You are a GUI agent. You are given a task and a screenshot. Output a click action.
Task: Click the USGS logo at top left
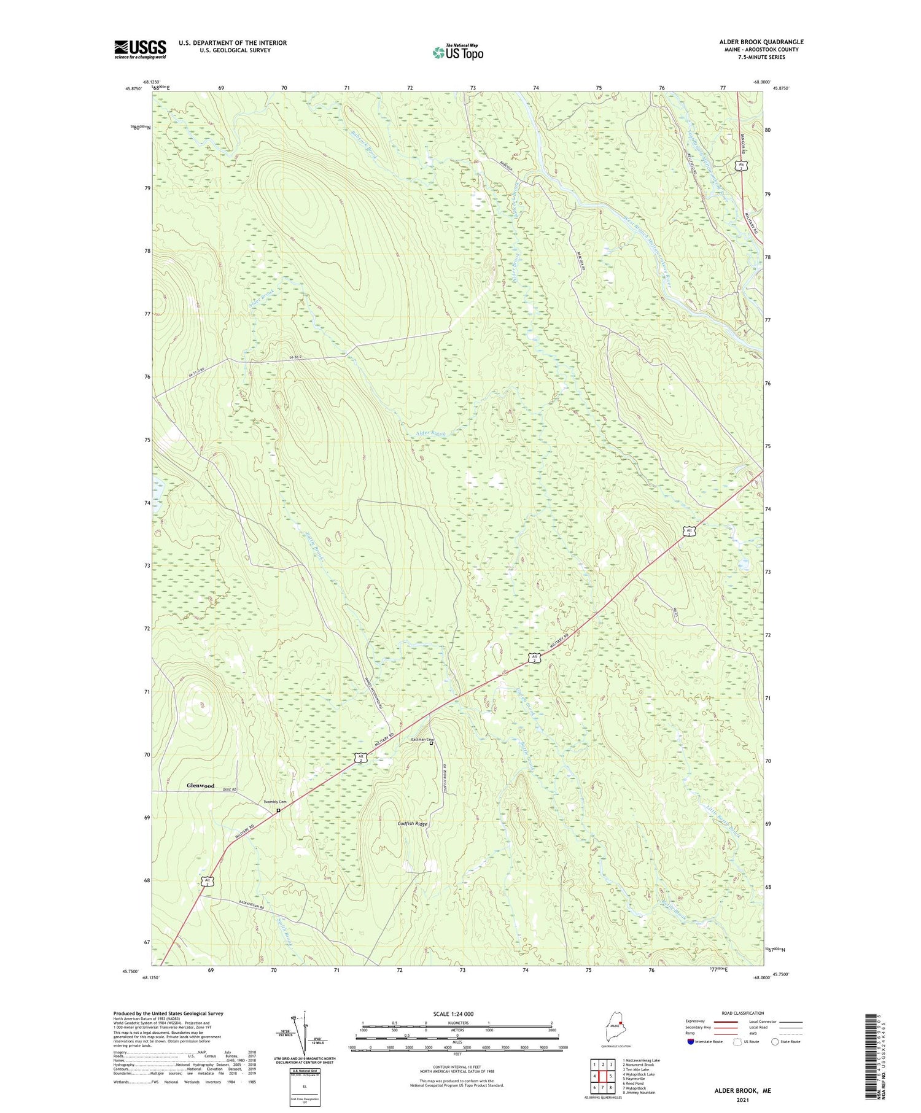pos(140,49)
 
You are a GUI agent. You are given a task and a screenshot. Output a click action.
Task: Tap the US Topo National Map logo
pos(457,52)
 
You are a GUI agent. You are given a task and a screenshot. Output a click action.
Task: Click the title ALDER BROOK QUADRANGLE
pos(761,42)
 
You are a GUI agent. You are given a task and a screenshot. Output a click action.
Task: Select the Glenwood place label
pos(201,785)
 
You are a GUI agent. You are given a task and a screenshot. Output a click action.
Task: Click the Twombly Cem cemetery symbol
pos(278,810)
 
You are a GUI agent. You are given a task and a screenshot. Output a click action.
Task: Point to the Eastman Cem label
pos(422,739)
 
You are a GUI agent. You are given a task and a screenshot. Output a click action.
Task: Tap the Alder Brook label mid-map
pos(430,433)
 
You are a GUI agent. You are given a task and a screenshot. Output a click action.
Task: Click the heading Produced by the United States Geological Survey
pos(168,1014)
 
